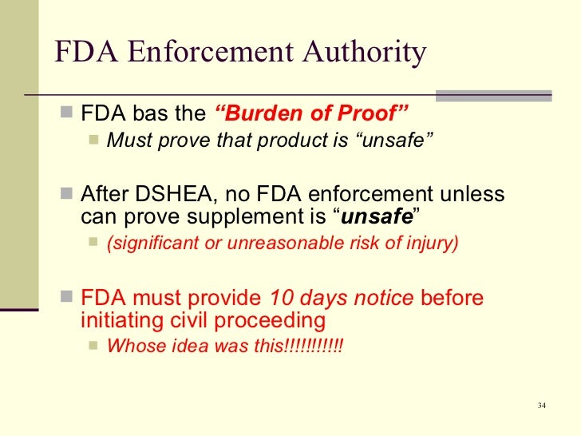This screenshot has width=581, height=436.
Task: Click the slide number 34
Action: pyautogui.click(x=542, y=406)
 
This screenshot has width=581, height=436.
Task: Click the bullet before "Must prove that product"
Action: pyautogui.click(x=94, y=141)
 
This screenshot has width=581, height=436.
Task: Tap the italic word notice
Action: pyautogui.click(x=385, y=298)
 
